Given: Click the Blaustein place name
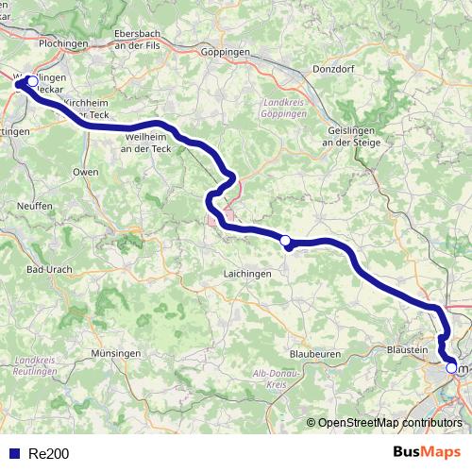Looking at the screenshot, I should pyautogui.click(x=409, y=349).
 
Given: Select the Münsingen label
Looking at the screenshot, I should pyautogui.click(x=117, y=353).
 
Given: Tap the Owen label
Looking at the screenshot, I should pyautogui.click(x=86, y=174).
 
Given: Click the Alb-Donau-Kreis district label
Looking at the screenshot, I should pyautogui.click(x=269, y=380).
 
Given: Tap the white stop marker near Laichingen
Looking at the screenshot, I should pyautogui.click(x=286, y=241).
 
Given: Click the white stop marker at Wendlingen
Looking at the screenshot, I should pyautogui.click(x=33, y=81).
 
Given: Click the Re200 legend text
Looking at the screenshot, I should pyautogui.click(x=49, y=454).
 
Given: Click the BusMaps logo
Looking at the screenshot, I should pyautogui.click(x=427, y=453).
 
